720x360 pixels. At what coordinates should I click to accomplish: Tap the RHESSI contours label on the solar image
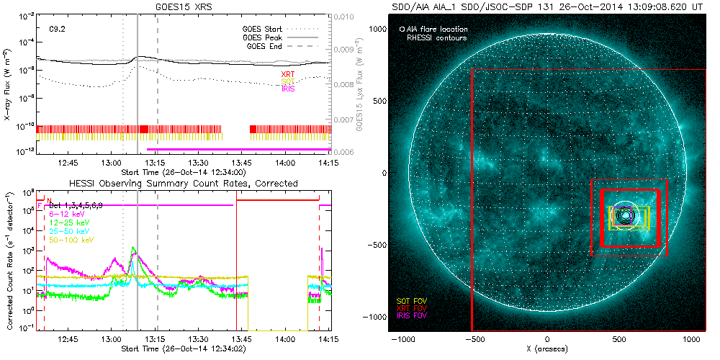[x=436, y=37]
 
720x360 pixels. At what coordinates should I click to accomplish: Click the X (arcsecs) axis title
[x=548, y=349]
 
